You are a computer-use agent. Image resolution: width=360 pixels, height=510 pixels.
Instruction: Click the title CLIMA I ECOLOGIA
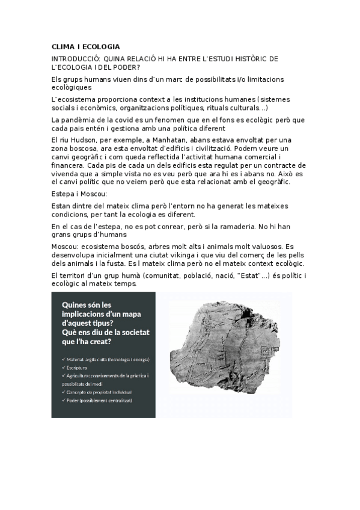click(x=86, y=46)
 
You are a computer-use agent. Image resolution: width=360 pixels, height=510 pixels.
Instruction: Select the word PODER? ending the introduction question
click(x=129, y=67)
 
